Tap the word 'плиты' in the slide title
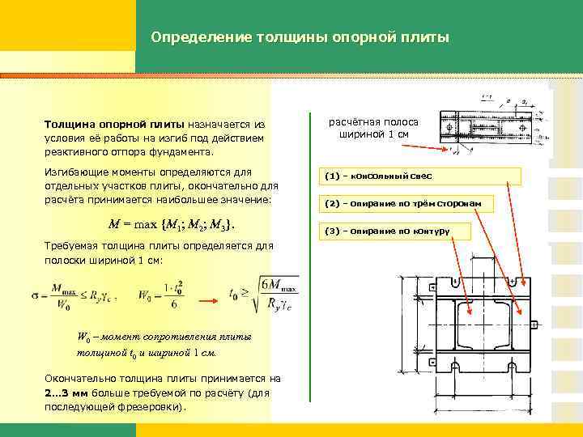tap(423, 37)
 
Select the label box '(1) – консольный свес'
tap(419, 176)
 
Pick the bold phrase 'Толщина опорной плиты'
tap(114, 125)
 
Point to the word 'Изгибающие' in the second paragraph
tap(76, 172)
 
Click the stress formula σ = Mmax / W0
tap(79, 293)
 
